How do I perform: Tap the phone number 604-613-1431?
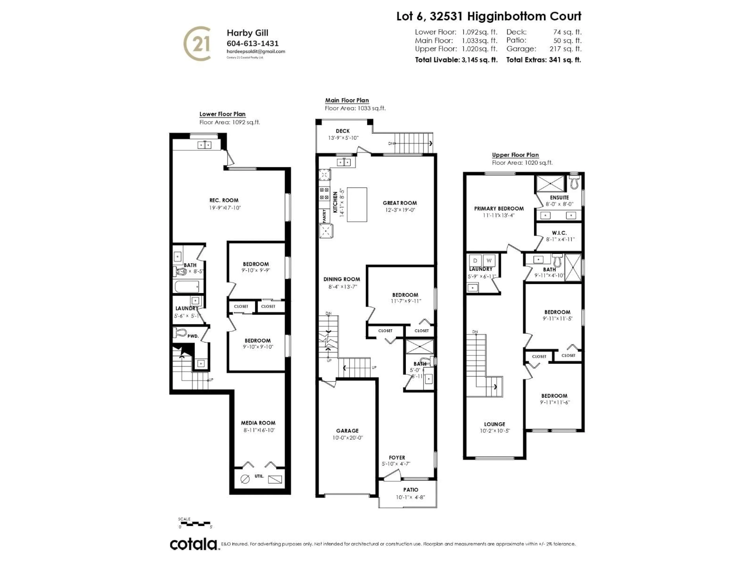252,43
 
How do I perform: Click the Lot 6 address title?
489,16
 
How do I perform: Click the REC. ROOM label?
224,200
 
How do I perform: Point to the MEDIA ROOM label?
258,423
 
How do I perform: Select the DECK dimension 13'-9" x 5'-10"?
343,138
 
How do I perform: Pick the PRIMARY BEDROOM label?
499,209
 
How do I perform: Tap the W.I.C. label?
559,233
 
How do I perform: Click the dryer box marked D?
475,261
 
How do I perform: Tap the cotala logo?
193,544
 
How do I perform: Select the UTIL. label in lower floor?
259,476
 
